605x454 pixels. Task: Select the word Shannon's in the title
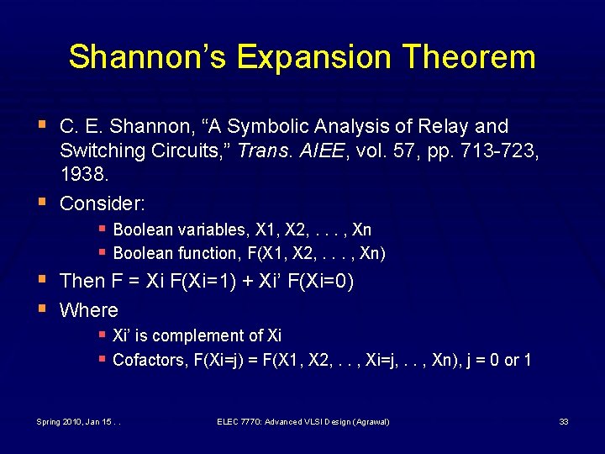tap(148, 57)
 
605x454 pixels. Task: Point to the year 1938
tap(84, 174)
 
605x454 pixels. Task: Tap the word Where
tap(89, 310)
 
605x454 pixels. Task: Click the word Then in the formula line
tap(82, 281)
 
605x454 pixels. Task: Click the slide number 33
tap(564, 421)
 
